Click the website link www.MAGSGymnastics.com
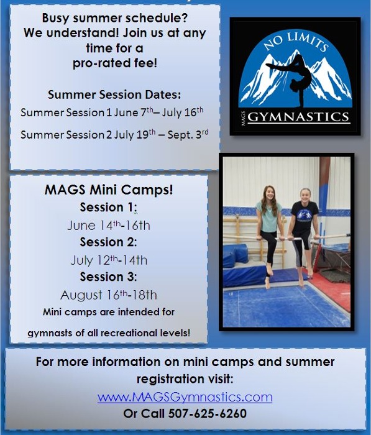coord(185,396)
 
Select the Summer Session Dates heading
coord(114,95)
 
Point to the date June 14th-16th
coord(109,225)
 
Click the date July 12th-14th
coord(109,260)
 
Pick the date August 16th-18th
coord(109,295)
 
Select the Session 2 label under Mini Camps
coord(108,242)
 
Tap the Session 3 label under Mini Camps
coord(108,277)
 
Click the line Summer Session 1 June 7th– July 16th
coord(112,112)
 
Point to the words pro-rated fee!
coord(114,63)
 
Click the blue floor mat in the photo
coord(273,308)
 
